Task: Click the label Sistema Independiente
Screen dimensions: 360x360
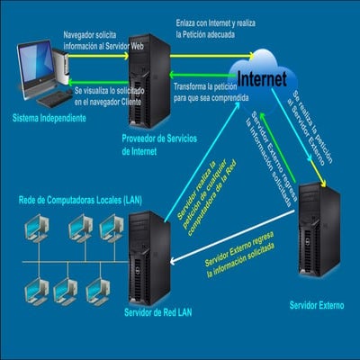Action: [49, 118]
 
